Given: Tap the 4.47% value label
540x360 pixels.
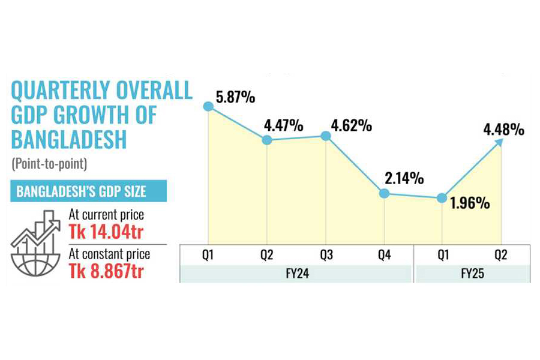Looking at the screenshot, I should tap(283, 127).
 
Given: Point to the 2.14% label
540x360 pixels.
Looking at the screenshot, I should tap(405, 178).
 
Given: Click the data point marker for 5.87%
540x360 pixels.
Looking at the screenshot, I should tap(208, 106).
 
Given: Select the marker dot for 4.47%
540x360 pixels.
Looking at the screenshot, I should tap(267, 140).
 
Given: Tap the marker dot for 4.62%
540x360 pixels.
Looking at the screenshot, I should tap(326, 136).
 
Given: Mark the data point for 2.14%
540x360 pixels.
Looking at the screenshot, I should tap(385, 193).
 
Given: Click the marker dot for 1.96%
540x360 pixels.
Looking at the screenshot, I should tap(442, 198).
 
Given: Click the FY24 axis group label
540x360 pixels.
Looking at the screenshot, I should tap(296, 274).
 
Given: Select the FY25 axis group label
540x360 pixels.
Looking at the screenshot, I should tap(472, 274).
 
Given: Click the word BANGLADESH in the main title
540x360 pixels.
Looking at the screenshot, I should tap(69, 139).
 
